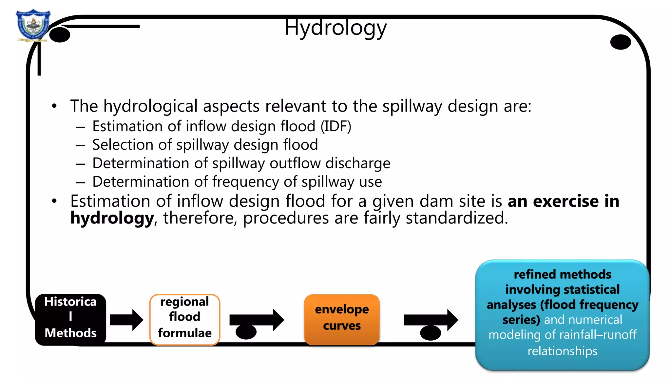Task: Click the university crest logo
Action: [x=33, y=25]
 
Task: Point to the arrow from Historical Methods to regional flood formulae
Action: [x=126, y=320]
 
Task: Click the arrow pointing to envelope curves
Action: [x=257, y=320]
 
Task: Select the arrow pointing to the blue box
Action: [x=431, y=320]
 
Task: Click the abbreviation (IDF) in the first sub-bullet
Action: [x=336, y=126]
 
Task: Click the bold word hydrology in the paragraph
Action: [x=112, y=218]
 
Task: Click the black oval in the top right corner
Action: [x=621, y=42]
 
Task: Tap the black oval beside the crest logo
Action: [x=60, y=35]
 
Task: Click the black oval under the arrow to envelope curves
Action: [x=246, y=332]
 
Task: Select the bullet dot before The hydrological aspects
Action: [x=54, y=106]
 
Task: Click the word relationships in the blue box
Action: [x=562, y=351]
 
